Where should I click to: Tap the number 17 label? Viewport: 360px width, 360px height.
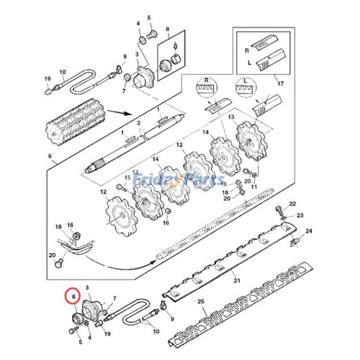click(x=281, y=83)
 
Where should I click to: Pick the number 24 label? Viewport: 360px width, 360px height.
click(x=309, y=231)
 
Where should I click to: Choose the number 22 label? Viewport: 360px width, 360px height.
click(x=292, y=204)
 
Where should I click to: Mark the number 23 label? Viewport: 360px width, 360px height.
click(x=300, y=215)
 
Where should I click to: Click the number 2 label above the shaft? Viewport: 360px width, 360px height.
click(x=139, y=123)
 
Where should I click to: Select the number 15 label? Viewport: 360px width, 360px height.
click(x=127, y=179)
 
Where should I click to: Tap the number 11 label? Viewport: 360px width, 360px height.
click(x=254, y=186)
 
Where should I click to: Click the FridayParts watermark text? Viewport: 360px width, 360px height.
click(x=180, y=180)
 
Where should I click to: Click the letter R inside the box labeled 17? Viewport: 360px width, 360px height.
click(x=246, y=51)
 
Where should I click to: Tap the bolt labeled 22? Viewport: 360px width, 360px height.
click(x=279, y=210)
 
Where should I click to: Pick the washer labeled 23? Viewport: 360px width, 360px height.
click(x=283, y=218)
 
